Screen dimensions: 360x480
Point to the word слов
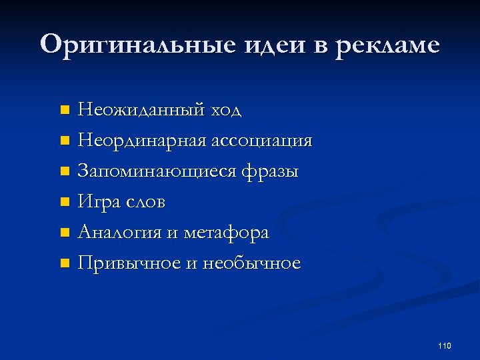click(x=147, y=202)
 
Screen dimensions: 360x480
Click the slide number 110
click(x=445, y=345)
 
